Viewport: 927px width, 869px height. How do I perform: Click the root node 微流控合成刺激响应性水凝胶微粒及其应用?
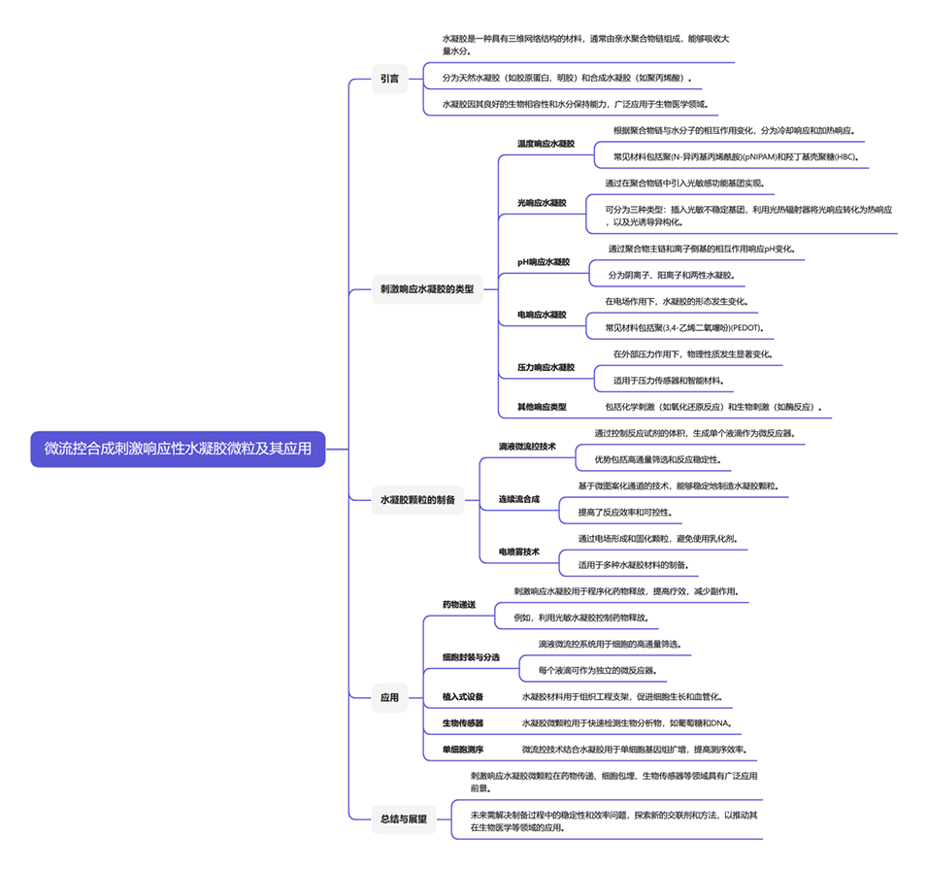178,449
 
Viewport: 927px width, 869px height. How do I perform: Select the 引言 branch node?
389,79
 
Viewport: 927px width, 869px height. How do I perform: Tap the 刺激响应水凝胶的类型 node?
428,288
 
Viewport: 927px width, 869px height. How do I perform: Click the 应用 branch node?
389,696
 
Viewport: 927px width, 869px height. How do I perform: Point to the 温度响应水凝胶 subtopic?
546,144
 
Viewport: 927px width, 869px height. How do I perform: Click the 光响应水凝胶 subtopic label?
542,203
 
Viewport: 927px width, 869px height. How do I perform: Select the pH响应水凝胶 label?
544,262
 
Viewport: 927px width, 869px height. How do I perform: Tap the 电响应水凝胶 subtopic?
542,315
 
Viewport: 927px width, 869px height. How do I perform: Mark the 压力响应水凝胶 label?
546,368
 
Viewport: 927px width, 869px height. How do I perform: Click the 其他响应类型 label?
542,407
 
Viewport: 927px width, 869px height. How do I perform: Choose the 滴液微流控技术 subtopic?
527,447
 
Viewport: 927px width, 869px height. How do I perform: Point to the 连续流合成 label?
519,499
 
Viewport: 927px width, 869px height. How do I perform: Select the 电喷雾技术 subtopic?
519,551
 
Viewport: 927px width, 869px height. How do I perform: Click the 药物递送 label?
459,605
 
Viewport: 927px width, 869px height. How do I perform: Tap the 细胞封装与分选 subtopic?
471,657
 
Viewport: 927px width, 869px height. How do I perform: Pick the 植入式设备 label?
463,696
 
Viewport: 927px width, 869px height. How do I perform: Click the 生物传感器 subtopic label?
463,723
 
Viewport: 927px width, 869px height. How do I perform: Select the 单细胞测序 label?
463,750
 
